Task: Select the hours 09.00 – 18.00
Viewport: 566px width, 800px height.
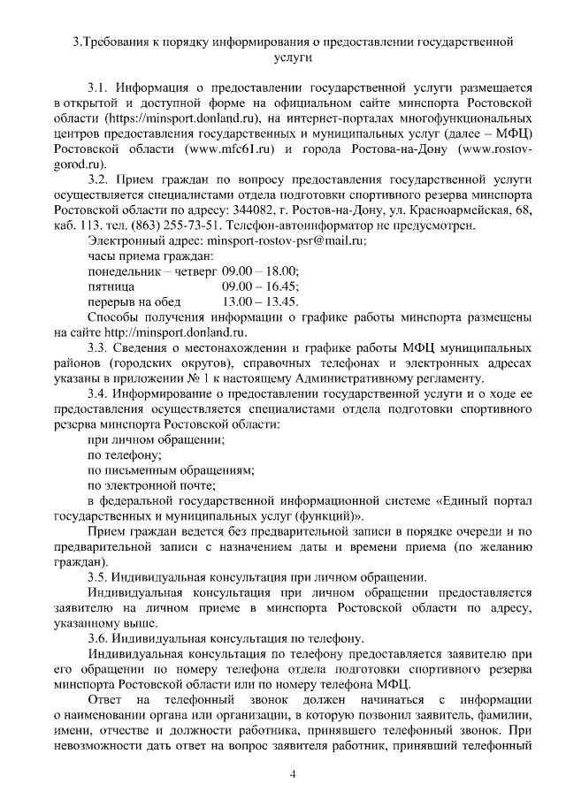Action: (x=260, y=270)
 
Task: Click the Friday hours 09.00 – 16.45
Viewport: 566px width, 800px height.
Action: (x=260, y=286)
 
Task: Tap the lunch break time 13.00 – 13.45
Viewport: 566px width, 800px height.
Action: (x=260, y=301)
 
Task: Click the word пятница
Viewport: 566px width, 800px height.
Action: (x=111, y=286)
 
